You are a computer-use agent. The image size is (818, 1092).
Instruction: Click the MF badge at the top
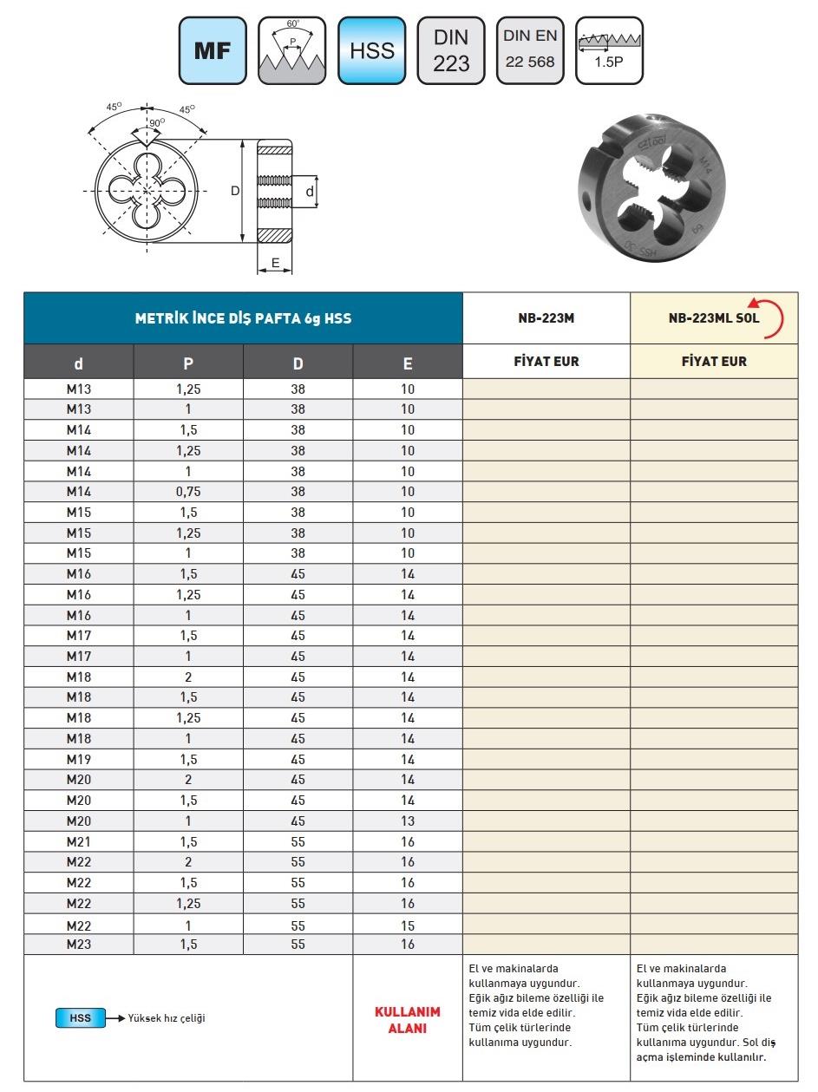212,50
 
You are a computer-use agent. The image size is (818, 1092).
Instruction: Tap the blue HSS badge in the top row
371,50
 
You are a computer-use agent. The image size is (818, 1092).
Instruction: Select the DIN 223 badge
451,50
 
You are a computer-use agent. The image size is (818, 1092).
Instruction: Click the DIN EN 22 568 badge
530,50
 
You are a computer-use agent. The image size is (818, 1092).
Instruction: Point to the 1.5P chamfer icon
609,50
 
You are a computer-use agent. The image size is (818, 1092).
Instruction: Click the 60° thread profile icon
291,50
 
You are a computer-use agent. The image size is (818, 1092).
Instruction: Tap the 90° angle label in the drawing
156,123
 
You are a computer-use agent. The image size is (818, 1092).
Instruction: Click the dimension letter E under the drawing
275,262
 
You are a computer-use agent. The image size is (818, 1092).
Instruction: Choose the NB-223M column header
546,318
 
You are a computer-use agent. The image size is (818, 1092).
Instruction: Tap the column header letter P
188,363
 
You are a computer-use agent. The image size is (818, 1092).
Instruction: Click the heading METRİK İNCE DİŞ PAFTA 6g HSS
243,318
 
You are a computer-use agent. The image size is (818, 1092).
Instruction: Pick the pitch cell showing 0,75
188,491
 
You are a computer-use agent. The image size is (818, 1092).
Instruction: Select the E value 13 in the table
408,821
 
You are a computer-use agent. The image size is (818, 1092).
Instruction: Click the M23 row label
79,945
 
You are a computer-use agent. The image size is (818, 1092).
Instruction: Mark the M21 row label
79,841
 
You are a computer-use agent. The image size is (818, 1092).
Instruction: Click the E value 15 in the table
408,925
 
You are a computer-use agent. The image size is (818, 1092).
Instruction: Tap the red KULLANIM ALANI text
407,1020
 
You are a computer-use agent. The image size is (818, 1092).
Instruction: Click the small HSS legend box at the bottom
80,1017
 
